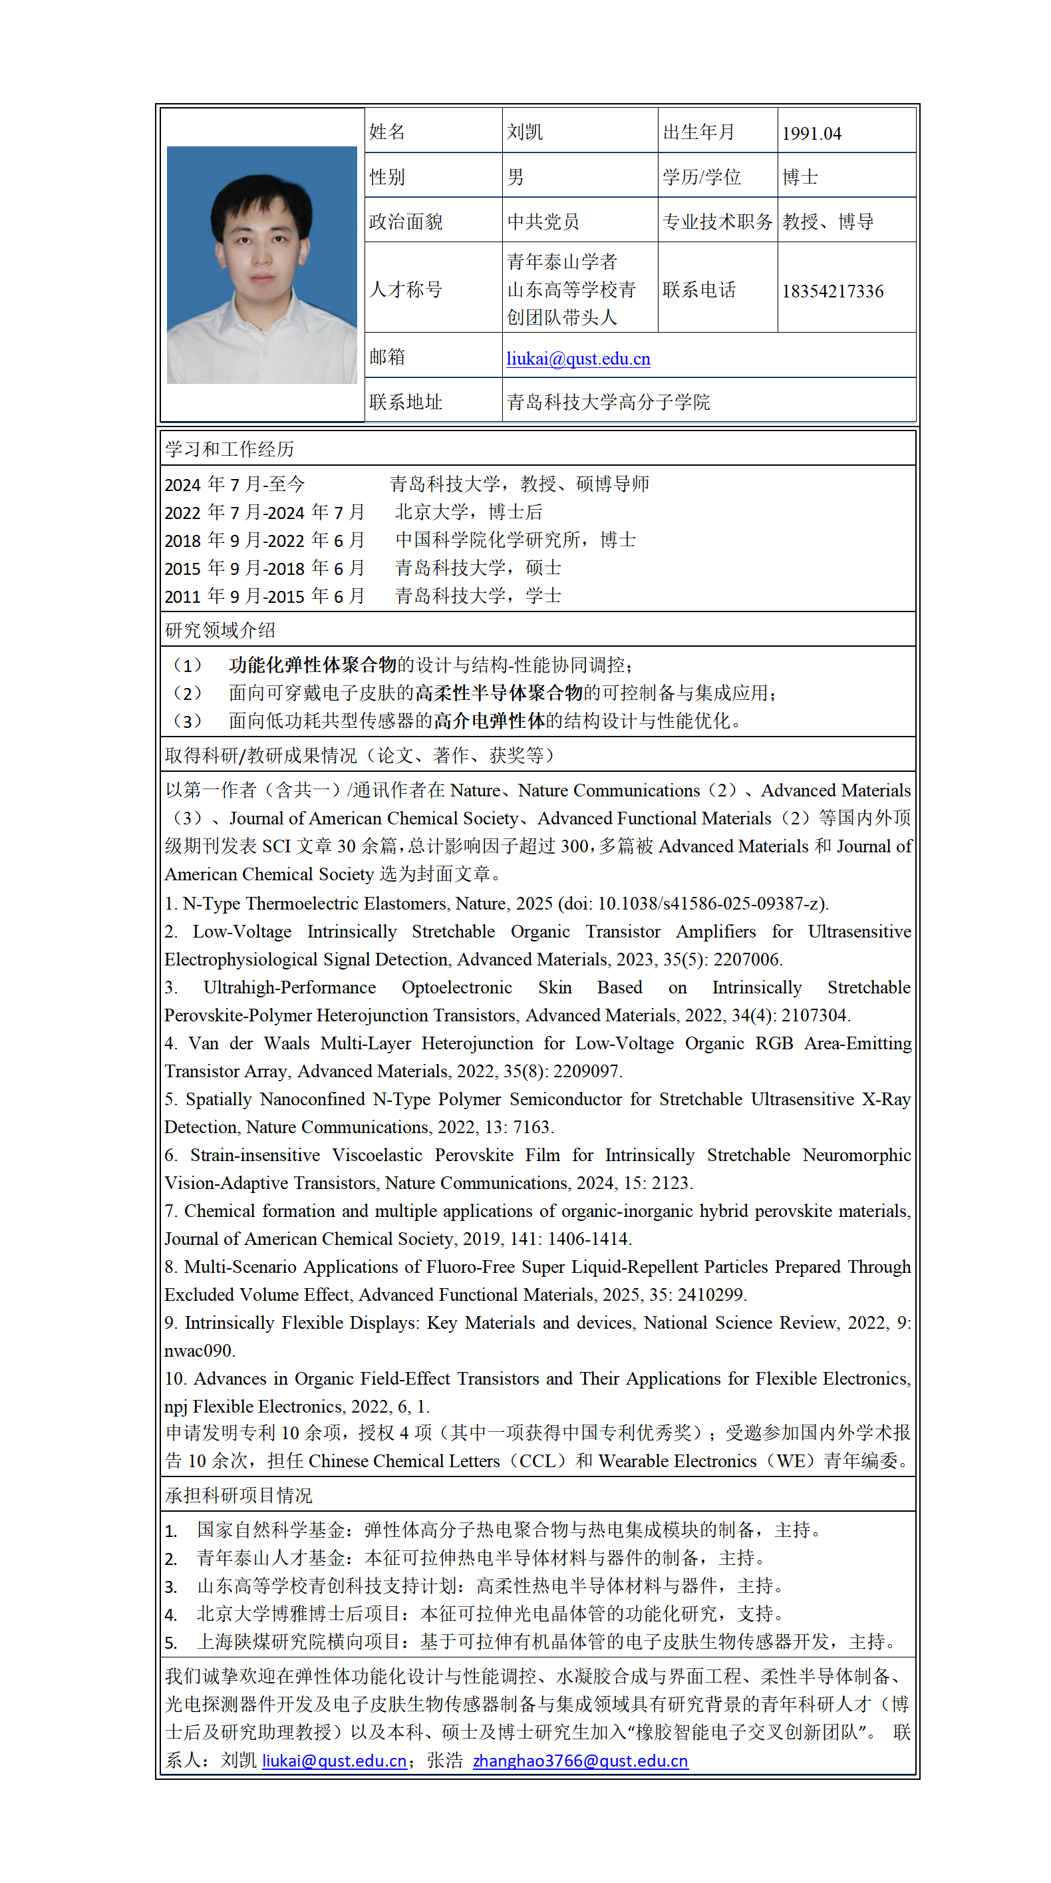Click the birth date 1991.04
pos(812,134)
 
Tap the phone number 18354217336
pos(832,291)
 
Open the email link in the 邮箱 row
pos(578,359)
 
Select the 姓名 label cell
pos(386,132)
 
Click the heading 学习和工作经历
pos(229,450)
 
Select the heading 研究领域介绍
pos(220,631)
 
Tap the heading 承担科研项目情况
pos(238,1496)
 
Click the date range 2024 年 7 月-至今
pos(235,484)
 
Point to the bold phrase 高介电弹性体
pos(489,721)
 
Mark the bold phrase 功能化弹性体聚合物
pos(312,665)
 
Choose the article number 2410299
pos(710,1295)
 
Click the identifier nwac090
pos(198,1351)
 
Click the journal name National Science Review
pos(740,1323)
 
